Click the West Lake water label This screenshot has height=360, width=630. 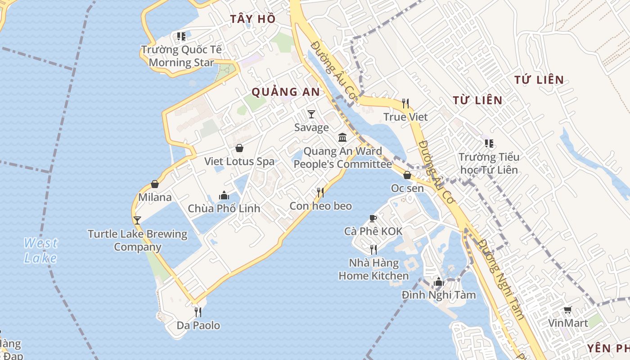(x=40, y=250)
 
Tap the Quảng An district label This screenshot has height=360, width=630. (x=285, y=92)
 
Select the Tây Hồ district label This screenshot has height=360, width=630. (x=252, y=19)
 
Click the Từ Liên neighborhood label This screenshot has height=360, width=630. (x=477, y=100)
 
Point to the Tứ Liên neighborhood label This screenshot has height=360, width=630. (x=539, y=80)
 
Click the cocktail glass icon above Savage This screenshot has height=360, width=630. (x=311, y=114)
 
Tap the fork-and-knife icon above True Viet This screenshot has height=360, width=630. (x=405, y=103)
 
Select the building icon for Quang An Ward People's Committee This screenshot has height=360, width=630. (x=342, y=137)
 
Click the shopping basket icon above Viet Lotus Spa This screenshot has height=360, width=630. (x=239, y=148)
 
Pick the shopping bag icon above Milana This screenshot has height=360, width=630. (x=155, y=184)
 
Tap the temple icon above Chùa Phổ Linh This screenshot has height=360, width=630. (x=224, y=195)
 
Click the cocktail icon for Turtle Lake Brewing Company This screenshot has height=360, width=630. (x=137, y=220)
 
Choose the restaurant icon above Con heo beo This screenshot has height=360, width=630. (x=320, y=193)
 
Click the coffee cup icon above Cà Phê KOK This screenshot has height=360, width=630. (x=373, y=218)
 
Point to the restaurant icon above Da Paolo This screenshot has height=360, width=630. (x=198, y=311)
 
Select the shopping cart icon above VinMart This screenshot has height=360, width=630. (x=568, y=310)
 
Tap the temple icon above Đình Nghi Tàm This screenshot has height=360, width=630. (x=438, y=282)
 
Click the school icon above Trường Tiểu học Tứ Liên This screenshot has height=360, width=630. (x=489, y=144)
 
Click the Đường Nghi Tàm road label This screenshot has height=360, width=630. (x=501, y=279)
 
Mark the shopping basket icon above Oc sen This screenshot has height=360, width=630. (x=407, y=175)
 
